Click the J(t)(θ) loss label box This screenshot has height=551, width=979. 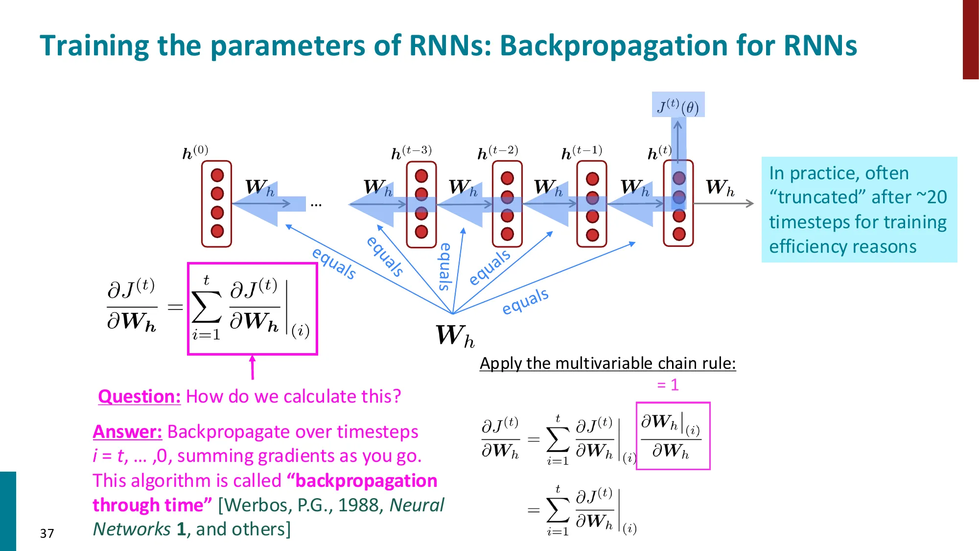coord(678,105)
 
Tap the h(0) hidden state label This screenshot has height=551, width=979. coord(195,152)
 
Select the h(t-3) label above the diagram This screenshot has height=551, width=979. coord(411,152)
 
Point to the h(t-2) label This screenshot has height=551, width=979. coord(497,152)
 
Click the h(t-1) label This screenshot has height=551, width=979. coord(582,152)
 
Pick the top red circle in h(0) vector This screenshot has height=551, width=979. coord(217,175)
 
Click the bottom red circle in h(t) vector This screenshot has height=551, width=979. coord(678,234)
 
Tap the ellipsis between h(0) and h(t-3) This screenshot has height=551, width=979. coord(316,205)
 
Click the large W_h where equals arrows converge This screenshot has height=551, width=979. coord(455,336)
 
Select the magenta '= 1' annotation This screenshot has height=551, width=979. coord(668,385)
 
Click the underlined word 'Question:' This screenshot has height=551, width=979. coord(139,396)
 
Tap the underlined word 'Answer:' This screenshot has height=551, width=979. coord(127,432)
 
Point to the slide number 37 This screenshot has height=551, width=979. coord(47,533)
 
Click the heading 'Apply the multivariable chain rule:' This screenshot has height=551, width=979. coord(607,363)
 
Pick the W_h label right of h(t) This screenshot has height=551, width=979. coord(720,188)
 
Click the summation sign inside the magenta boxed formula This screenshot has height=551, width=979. coord(206,308)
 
